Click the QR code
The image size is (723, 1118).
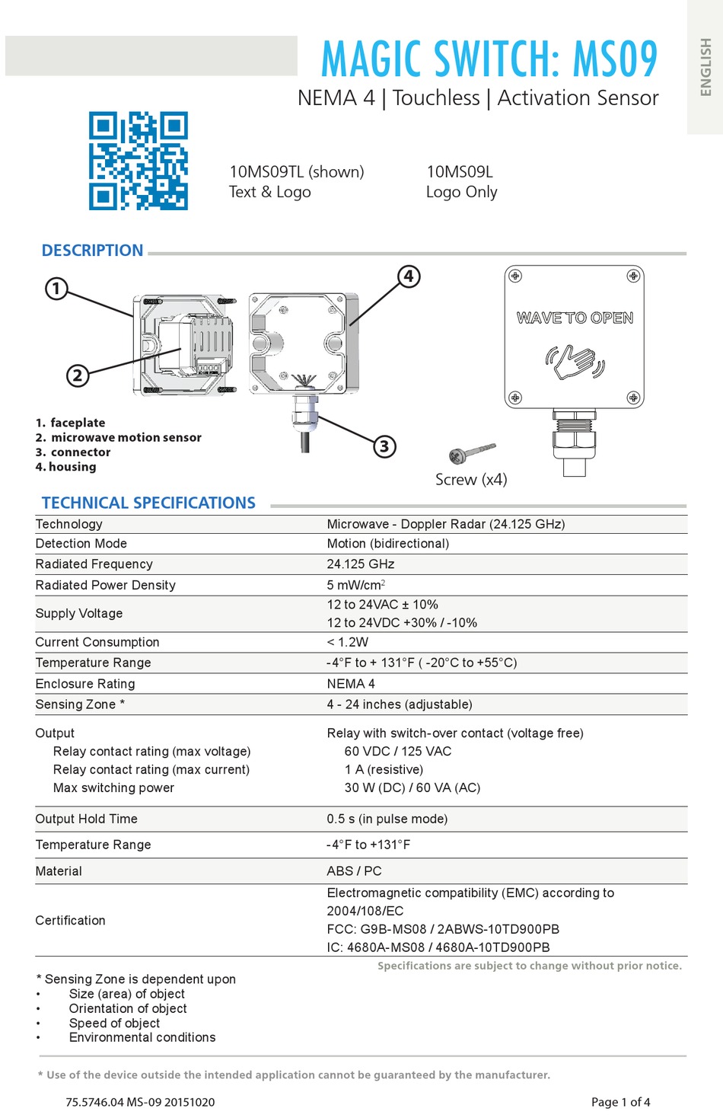(x=138, y=161)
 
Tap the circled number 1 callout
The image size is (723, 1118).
(x=56, y=289)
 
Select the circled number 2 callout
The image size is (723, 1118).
(x=77, y=375)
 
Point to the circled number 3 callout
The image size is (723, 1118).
(x=385, y=446)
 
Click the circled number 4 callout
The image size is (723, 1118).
(x=409, y=276)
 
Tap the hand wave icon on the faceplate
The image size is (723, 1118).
(x=575, y=361)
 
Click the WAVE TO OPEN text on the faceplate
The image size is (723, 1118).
(x=575, y=318)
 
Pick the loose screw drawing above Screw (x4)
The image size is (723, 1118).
(x=470, y=453)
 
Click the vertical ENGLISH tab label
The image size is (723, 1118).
(x=705, y=67)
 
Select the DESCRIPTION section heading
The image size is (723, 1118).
(x=92, y=251)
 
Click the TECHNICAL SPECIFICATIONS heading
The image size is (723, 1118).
(x=148, y=503)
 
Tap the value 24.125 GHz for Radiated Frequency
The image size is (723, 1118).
(x=361, y=564)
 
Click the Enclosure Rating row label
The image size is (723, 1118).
(x=85, y=684)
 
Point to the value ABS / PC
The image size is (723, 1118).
(x=354, y=871)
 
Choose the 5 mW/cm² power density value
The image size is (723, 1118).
(x=356, y=585)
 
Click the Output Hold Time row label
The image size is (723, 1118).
(x=86, y=819)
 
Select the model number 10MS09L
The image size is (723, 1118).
(x=460, y=172)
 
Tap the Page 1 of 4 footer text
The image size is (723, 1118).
(x=620, y=1102)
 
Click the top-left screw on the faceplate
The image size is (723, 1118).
(x=515, y=276)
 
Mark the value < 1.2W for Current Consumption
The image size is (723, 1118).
(x=348, y=642)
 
